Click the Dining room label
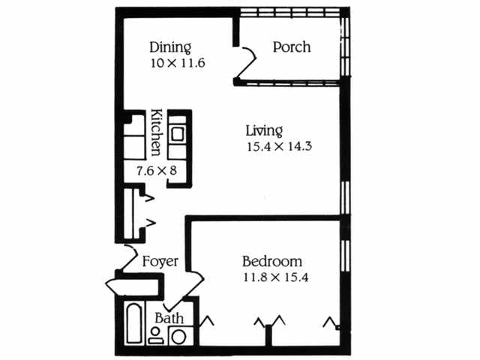coord(170,47)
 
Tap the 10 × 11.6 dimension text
coord(178,64)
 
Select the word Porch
coord(292,47)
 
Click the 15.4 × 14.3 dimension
coord(278,147)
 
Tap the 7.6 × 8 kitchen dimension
coord(156,171)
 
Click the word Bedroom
coord(272,262)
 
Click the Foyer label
coord(160,262)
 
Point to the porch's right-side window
coord(345,46)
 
